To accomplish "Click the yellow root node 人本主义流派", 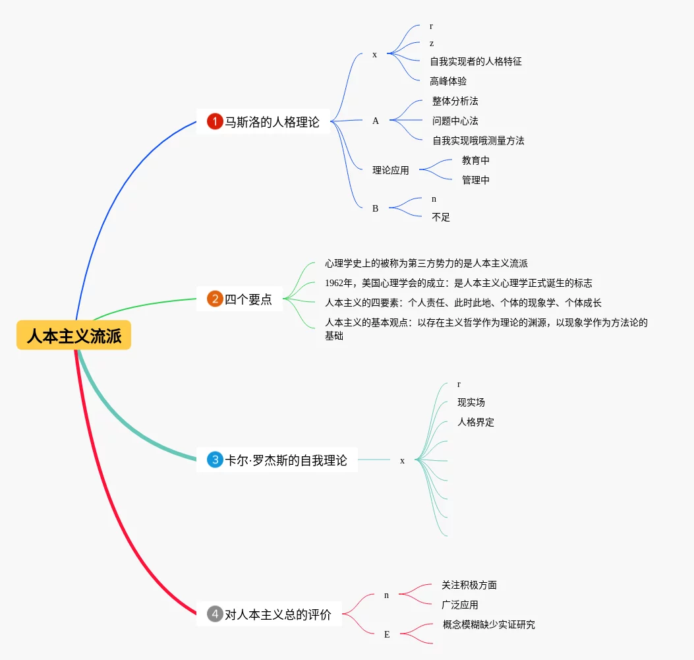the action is pyautogui.click(x=74, y=336).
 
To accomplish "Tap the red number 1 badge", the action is pyautogui.click(x=215, y=121).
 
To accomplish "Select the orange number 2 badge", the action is pyautogui.click(x=215, y=299).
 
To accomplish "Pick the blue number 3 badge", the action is pyautogui.click(x=215, y=460).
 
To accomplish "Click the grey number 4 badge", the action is pyautogui.click(x=215, y=615).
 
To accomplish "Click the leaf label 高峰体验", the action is pyautogui.click(x=448, y=81).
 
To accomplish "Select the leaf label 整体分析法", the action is pyautogui.click(x=455, y=101).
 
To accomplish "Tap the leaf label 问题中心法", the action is pyautogui.click(x=455, y=121).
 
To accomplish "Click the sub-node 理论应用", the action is pyautogui.click(x=390, y=170).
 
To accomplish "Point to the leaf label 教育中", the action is pyautogui.click(x=475, y=160).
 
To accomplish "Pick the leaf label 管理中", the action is pyautogui.click(x=475, y=180).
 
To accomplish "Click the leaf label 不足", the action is pyautogui.click(x=440, y=217).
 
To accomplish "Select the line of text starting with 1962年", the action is pyautogui.click(x=458, y=283).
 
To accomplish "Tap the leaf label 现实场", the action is pyautogui.click(x=471, y=402).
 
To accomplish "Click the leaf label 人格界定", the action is pyautogui.click(x=475, y=422).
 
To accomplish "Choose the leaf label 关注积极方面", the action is pyautogui.click(x=469, y=585).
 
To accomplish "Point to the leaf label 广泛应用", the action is pyautogui.click(x=459, y=605).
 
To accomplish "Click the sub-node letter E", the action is pyautogui.click(x=387, y=634).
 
